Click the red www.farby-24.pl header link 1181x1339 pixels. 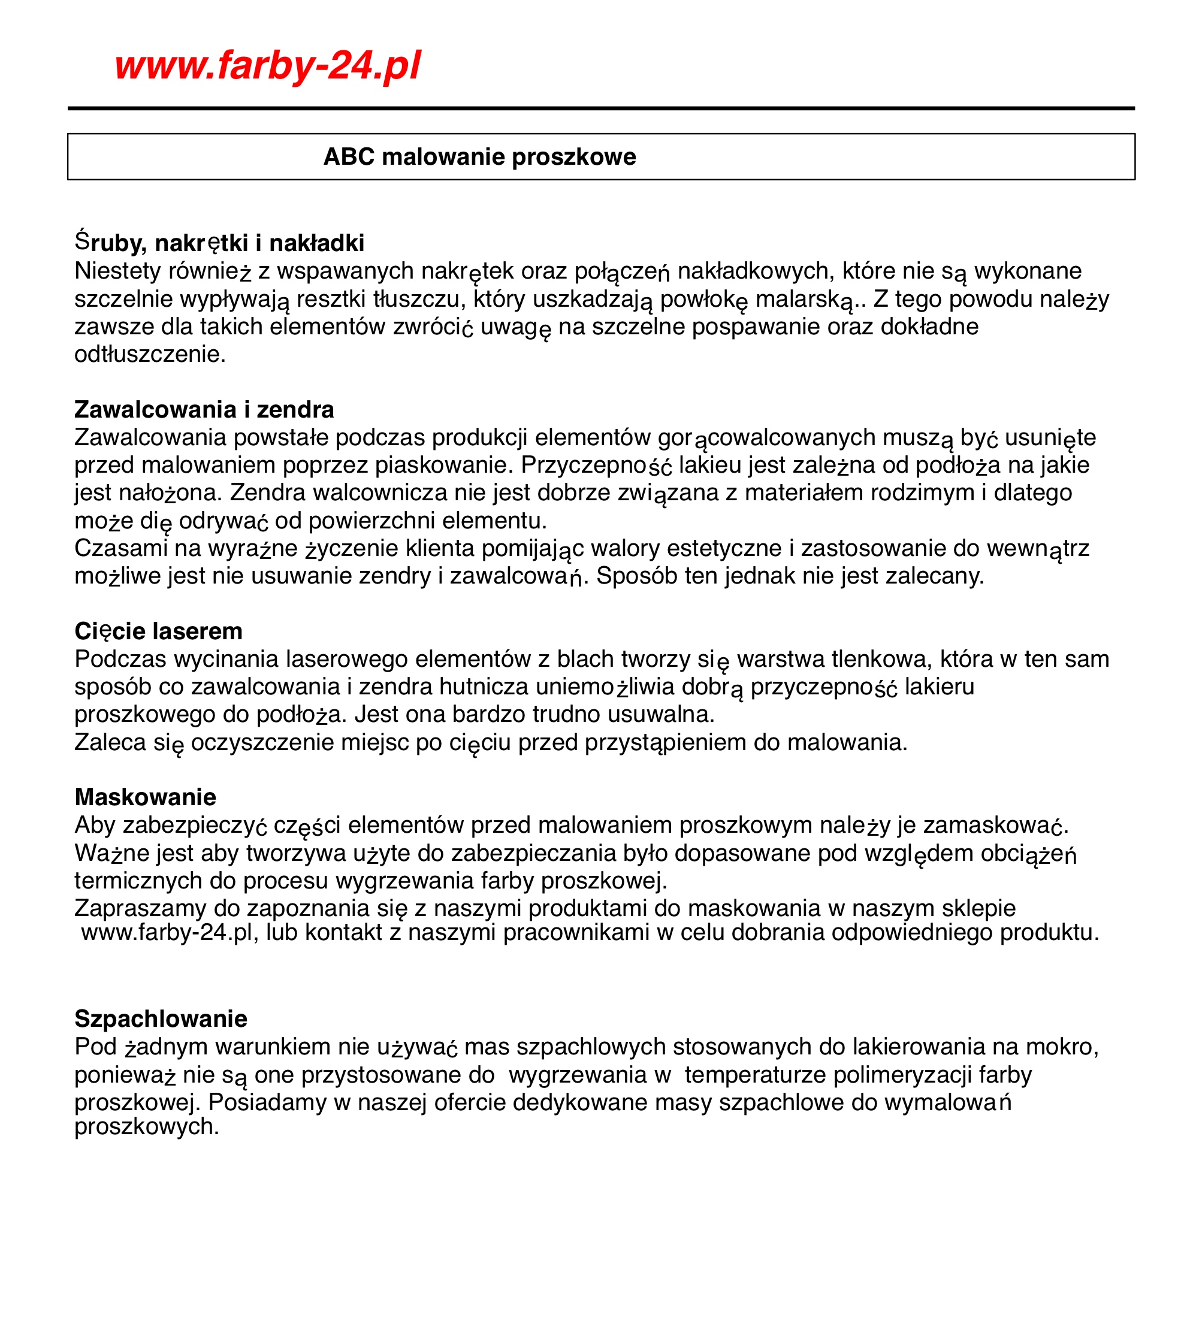[267, 65]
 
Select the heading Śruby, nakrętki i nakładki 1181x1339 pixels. [219, 243]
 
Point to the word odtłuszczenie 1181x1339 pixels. [150, 355]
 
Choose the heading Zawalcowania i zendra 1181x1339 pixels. [204, 409]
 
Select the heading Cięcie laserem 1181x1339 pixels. [159, 631]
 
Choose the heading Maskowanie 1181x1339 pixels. [146, 797]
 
